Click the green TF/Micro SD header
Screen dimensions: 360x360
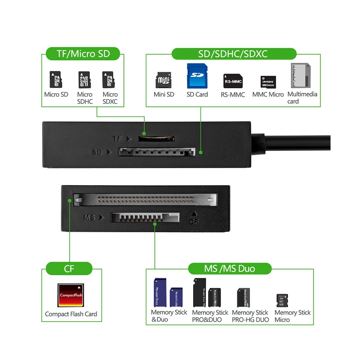tap(83, 53)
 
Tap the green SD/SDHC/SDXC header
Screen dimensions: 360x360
tap(233, 53)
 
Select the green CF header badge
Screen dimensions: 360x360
tap(69, 268)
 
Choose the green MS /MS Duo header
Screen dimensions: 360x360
tap(230, 268)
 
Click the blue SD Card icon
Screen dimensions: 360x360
tap(197, 76)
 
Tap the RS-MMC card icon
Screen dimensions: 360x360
tap(233, 81)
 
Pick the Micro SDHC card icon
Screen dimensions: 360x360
tap(85, 80)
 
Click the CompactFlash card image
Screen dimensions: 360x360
tap(71, 295)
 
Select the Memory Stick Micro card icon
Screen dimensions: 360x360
tap(282, 300)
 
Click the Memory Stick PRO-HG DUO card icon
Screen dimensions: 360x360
tap(243, 297)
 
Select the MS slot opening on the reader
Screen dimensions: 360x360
tap(145, 217)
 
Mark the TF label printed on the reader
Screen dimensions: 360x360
tap(118, 139)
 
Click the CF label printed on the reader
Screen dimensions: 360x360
tap(194, 221)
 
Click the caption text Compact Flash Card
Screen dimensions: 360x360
tap(71, 314)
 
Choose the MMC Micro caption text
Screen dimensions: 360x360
tap(268, 94)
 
